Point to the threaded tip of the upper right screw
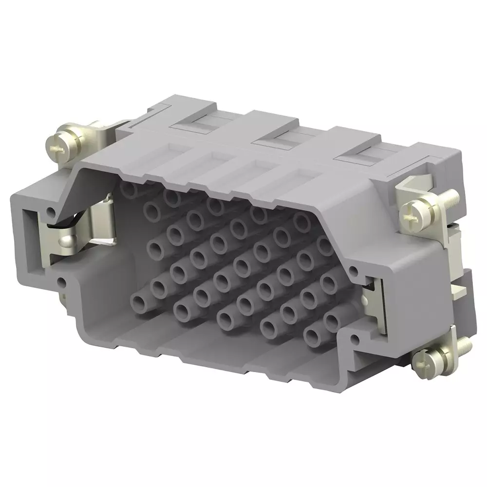point(454,197)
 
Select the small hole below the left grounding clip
point(61,281)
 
